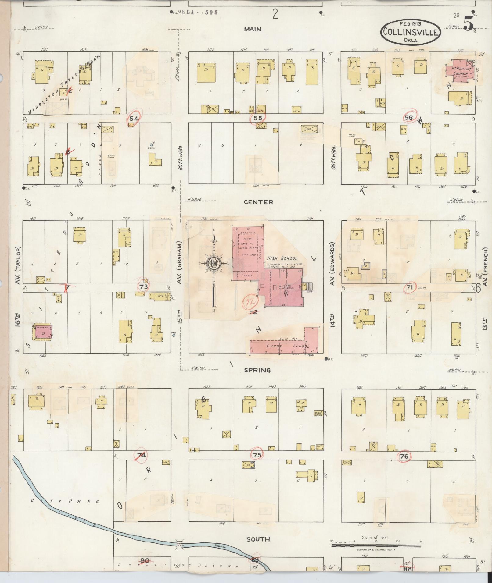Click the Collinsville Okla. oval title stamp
pos(410,32)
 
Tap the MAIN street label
pos(253,29)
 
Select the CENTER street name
pos(258,202)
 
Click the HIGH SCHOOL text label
pos(282,258)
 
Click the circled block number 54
pos(134,118)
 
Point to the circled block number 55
pos(258,118)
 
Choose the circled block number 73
pos(144,286)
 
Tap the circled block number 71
pos(410,287)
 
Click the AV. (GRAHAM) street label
pos(180,263)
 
